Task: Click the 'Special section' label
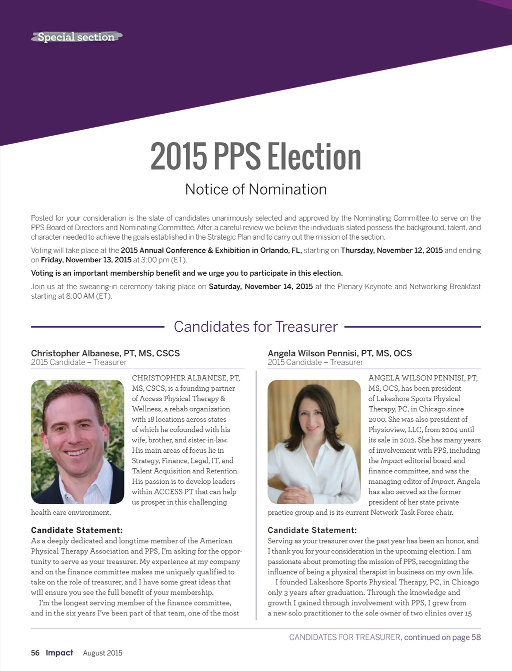(76, 37)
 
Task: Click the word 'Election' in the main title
(314, 157)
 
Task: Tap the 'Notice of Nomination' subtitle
(255, 189)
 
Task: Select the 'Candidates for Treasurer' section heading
(255, 327)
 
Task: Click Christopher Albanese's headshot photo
(77, 441)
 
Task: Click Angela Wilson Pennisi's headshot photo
(314, 441)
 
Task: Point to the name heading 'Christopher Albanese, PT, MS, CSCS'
(105, 353)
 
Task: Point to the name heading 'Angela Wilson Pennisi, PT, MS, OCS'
(339, 353)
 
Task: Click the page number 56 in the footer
(35, 653)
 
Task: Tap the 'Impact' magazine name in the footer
(59, 652)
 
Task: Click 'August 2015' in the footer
(102, 653)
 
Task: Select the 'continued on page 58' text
(442, 637)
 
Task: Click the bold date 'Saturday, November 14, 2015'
(260, 287)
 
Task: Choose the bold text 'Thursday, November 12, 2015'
(391, 250)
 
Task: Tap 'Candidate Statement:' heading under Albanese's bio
(76, 530)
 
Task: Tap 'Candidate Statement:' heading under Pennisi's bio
(312, 530)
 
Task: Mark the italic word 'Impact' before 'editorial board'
(391, 461)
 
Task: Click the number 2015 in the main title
(178, 157)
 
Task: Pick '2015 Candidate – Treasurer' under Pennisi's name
(315, 362)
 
